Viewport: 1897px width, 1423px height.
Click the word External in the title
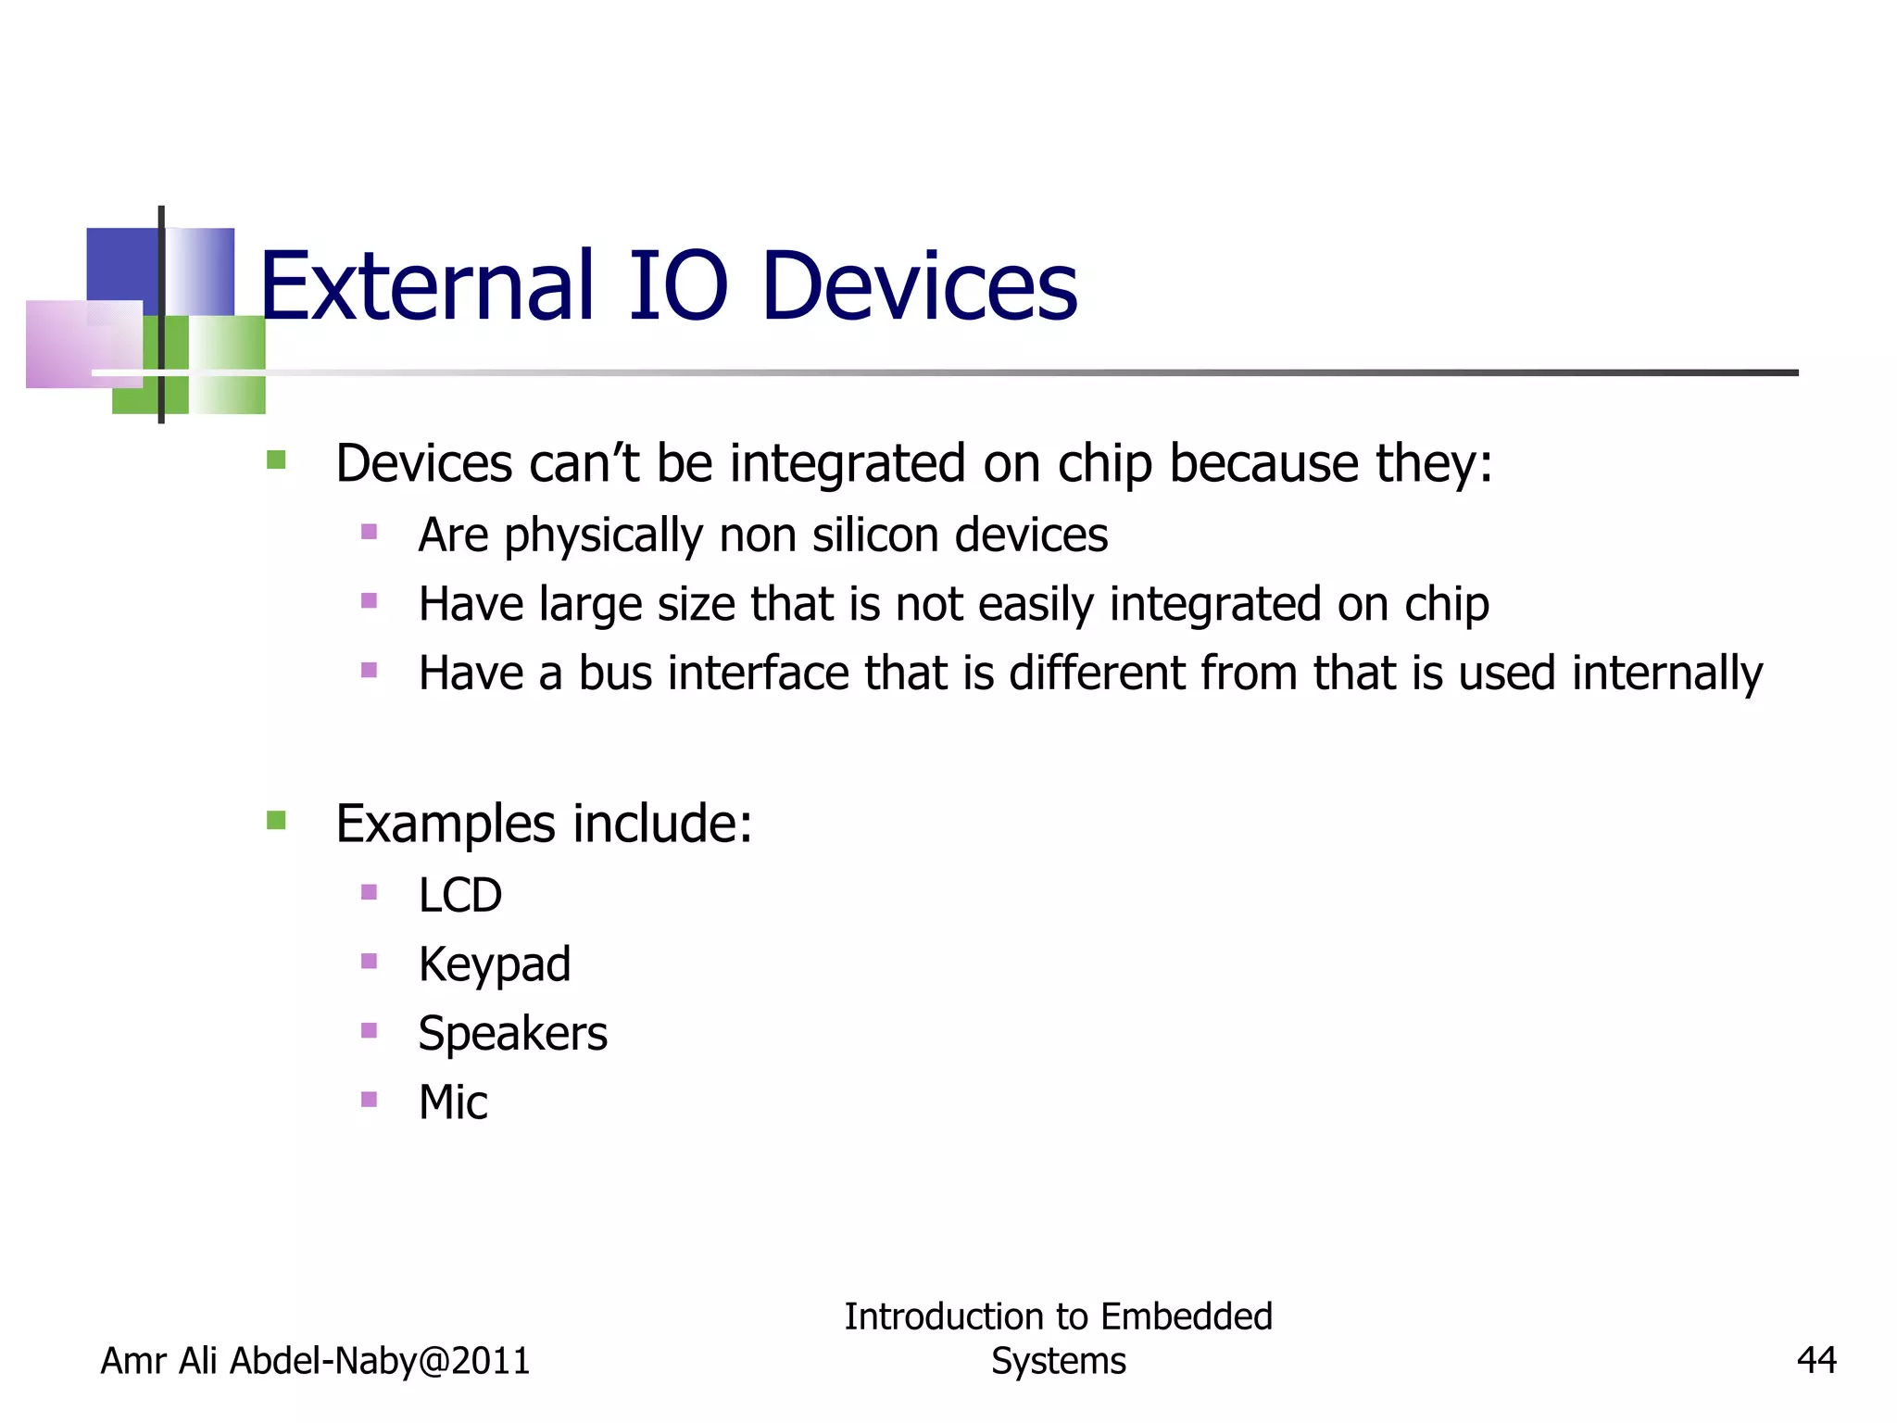click(x=425, y=287)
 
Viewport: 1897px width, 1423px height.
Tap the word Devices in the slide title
click(x=919, y=287)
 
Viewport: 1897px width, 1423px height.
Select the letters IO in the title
click(x=678, y=287)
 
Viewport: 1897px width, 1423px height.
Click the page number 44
click(x=1815, y=1360)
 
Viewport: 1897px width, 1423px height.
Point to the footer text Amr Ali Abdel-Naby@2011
click(x=315, y=1360)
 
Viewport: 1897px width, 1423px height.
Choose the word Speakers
click(x=512, y=1034)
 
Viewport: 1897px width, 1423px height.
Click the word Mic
click(x=453, y=1102)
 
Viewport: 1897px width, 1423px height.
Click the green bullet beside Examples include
click(x=276, y=820)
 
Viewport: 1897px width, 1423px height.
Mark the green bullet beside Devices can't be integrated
click(x=276, y=460)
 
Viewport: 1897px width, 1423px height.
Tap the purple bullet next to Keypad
click(x=369, y=961)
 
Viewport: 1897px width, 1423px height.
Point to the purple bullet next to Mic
click(x=369, y=1099)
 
